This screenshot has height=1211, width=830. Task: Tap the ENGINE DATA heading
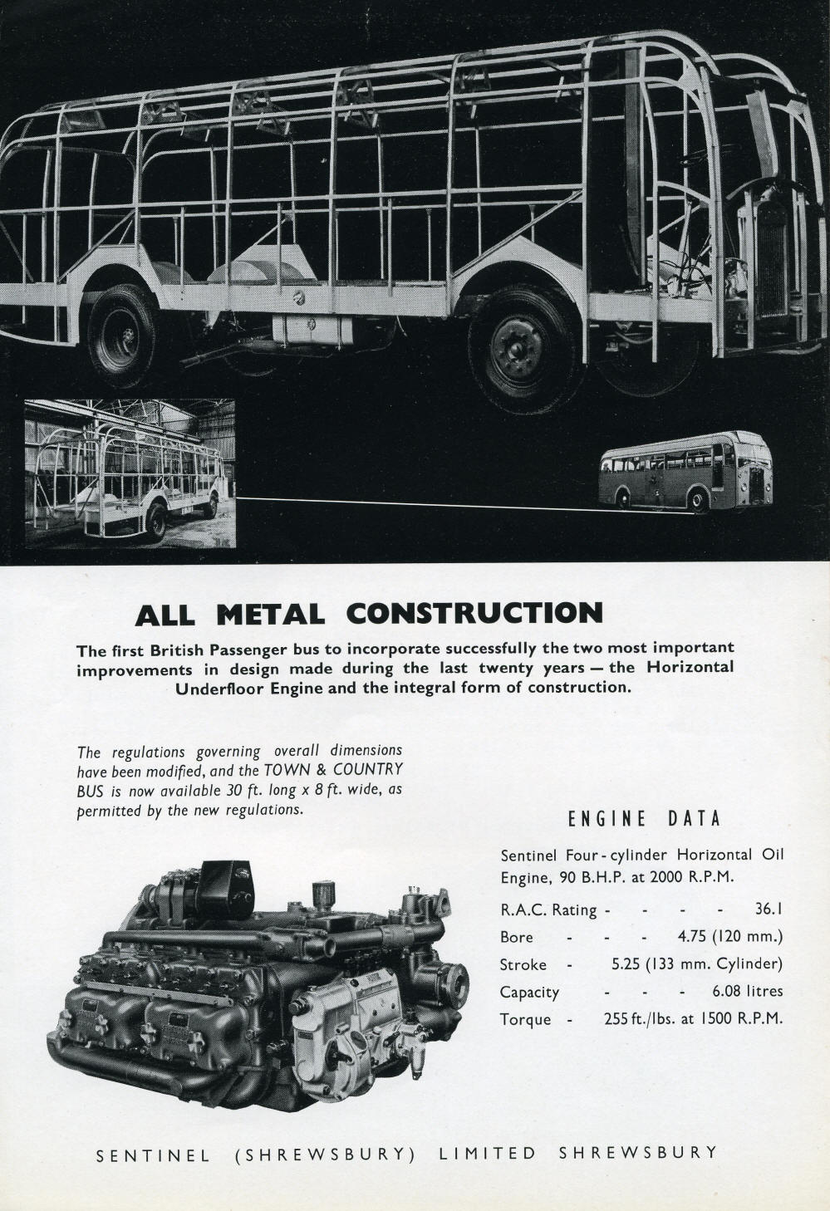coord(644,819)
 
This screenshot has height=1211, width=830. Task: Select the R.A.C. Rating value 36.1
coord(768,909)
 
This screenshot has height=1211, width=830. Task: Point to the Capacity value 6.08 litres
coord(747,991)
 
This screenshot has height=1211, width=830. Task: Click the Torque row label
coord(525,1019)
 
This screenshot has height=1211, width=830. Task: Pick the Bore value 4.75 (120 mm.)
coord(730,937)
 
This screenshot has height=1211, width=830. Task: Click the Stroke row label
coord(523,964)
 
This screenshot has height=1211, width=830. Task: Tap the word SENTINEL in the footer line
coord(153,1155)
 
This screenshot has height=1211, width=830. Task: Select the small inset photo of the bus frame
coord(130,473)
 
